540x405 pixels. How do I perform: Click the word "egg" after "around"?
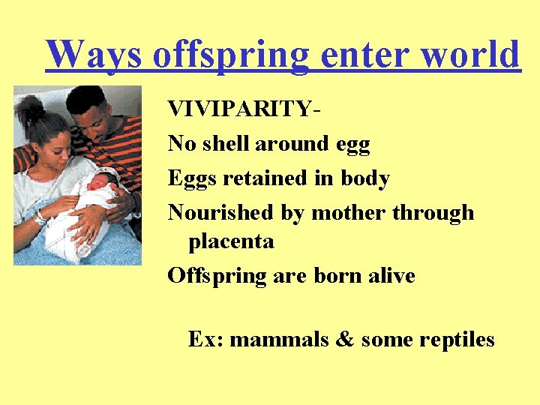(352, 145)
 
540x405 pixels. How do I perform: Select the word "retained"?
(266, 178)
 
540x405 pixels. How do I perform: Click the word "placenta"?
(231, 242)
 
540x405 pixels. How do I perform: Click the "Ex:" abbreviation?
(205, 340)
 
